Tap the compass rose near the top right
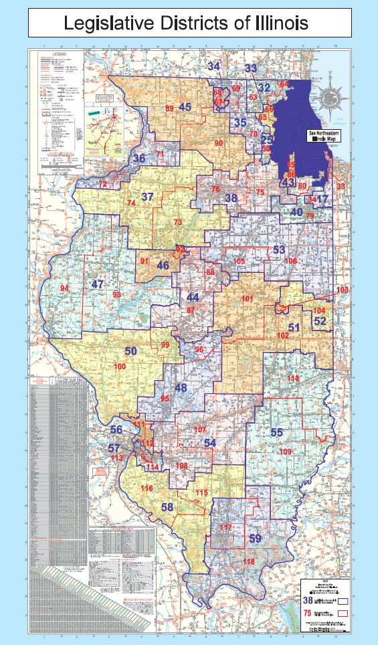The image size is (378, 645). point(330,99)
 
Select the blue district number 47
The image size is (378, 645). point(98,284)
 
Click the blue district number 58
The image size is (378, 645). point(167,507)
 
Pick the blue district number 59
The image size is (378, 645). point(255,538)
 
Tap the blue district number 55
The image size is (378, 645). point(277,432)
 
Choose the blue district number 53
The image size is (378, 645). point(280,250)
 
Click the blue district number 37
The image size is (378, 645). point(148,197)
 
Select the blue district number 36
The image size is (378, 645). point(139,159)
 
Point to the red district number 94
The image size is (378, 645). point(64,288)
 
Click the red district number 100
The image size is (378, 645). point(120,367)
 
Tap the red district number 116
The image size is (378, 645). point(147,488)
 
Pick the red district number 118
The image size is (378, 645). point(249,561)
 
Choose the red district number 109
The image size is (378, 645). point(286,452)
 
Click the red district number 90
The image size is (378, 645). point(218,143)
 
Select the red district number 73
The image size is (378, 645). point(178,222)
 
